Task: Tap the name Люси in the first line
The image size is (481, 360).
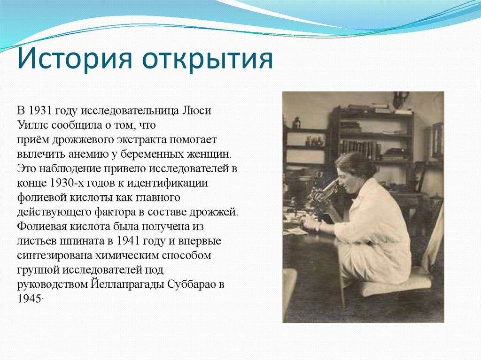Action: click(197, 111)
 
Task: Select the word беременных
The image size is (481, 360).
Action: click(141, 154)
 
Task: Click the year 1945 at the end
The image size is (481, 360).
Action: click(28, 299)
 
